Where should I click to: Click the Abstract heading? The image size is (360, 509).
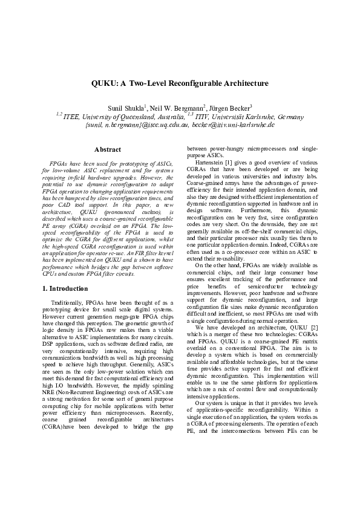pos(107,149)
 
